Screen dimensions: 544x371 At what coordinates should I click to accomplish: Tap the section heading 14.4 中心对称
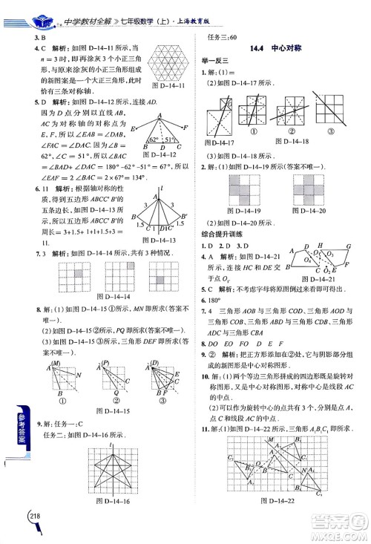pyautogui.click(x=276, y=47)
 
